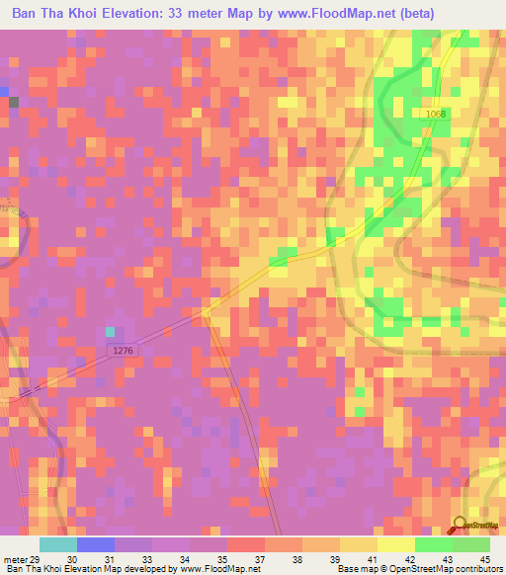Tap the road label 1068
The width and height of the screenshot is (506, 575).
coord(436,114)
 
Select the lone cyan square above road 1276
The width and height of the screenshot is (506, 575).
coord(111,332)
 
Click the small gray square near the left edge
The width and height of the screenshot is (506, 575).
coord(14,102)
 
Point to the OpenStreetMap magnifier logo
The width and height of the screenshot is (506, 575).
coord(461,526)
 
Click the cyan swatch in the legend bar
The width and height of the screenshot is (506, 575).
coord(58,544)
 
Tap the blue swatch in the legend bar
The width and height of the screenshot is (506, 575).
coord(96,544)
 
